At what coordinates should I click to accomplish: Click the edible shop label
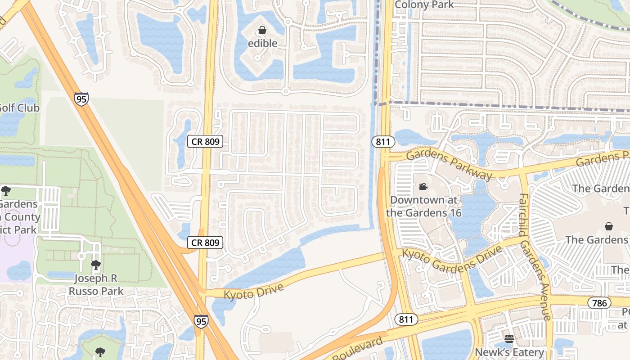(x=262, y=43)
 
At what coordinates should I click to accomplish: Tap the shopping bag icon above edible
(x=262, y=31)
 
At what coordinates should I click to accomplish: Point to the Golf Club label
(x=19, y=108)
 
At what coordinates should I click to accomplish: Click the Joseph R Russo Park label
(x=96, y=285)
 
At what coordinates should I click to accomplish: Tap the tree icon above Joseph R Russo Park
(x=95, y=265)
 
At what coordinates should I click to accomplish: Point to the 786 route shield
(x=599, y=303)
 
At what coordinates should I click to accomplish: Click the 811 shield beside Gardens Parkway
(x=383, y=142)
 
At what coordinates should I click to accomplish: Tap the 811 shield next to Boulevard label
(x=406, y=319)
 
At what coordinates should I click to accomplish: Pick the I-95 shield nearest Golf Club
(x=81, y=99)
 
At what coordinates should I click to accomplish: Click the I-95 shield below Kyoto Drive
(x=201, y=321)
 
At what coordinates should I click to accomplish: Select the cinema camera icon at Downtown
(x=423, y=186)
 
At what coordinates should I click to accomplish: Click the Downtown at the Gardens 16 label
(x=424, y=206)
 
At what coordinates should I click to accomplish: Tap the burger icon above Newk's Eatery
(x=509, y=339)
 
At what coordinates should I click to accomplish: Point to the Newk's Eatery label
(x=509, y=352)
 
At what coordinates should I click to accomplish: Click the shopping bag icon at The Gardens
(x=609, y=226)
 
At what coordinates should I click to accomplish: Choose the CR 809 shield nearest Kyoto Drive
(x=205, y=243)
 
